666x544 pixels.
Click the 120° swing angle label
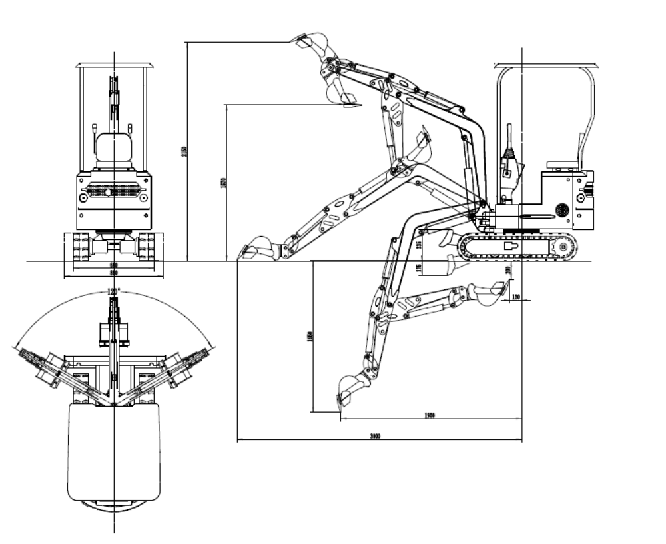tap(114, 291)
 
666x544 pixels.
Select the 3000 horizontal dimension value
tap(376, 436)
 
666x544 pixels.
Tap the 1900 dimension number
tap(430, 415)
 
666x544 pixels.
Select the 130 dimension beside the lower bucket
tap(517, 297)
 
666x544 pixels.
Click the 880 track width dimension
tap(113, 273)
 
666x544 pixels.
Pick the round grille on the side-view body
tap(562, 209)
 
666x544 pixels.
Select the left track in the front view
tap(80, 246)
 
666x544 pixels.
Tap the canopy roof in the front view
tap(114, 65)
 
